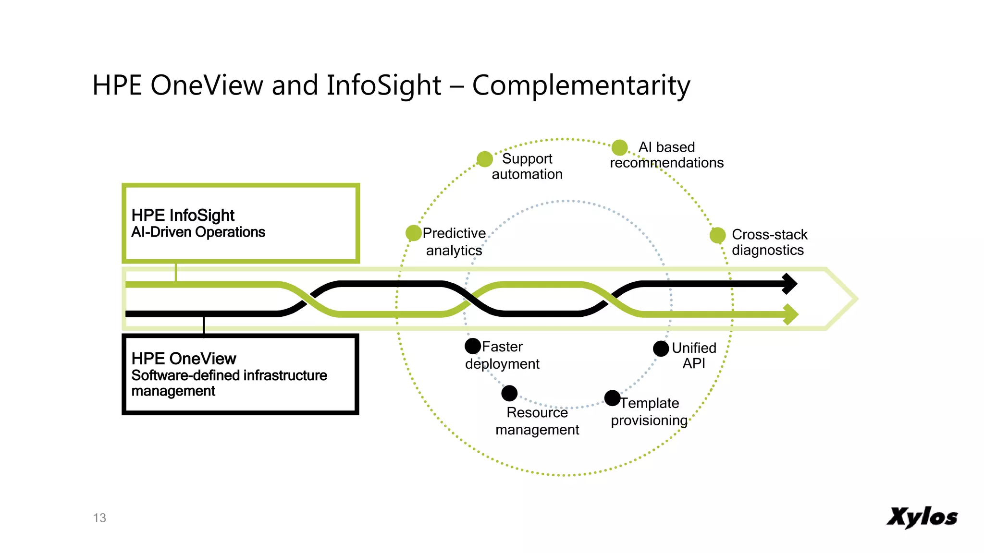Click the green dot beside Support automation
(x=485, y=159)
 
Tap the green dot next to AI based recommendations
(x=620, y=147)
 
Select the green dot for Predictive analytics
(x=413, y=233)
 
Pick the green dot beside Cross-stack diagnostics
(x=717, y=235)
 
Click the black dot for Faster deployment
(x=473, y=346)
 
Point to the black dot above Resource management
(x=509, y=393)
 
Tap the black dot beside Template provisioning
(x=612, y=398)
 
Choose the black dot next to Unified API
(x=661, y=349)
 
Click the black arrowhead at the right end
(x=789, y=284)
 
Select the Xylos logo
(x=922, y=517)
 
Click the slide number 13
(x=99, y=518)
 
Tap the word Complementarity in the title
(x=581, y=85)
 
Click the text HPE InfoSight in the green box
(x=183, y=216)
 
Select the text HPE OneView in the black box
(x=184, y=359)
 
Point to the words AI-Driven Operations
(x=198, y=232)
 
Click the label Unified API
(x=694, y=355)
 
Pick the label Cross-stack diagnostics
(x=769, y=242)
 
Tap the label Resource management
(x=537, y=421)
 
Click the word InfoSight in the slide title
(x=383, y=85)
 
